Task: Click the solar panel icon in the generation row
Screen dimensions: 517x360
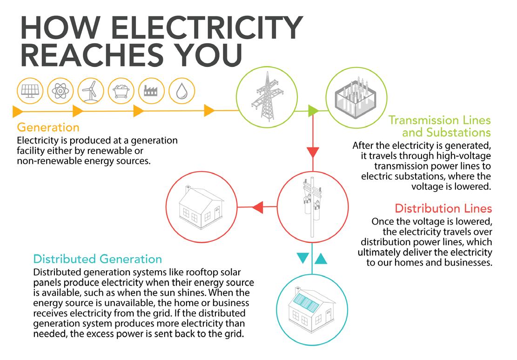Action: (29, 91)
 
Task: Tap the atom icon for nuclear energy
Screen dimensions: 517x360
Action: (59, 91)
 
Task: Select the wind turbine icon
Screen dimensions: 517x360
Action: (89, 91)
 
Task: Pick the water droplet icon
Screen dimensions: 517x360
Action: (180, 91)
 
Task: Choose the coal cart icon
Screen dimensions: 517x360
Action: (120, 91)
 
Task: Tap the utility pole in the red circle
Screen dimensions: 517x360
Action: (313, 207)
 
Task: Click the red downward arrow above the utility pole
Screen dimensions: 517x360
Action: (313, 152)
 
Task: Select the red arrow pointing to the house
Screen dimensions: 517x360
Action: (257, 207)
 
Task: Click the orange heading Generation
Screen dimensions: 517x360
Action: (48, 127)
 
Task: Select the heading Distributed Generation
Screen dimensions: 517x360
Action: (98, 259)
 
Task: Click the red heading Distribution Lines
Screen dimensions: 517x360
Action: (443, 208)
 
